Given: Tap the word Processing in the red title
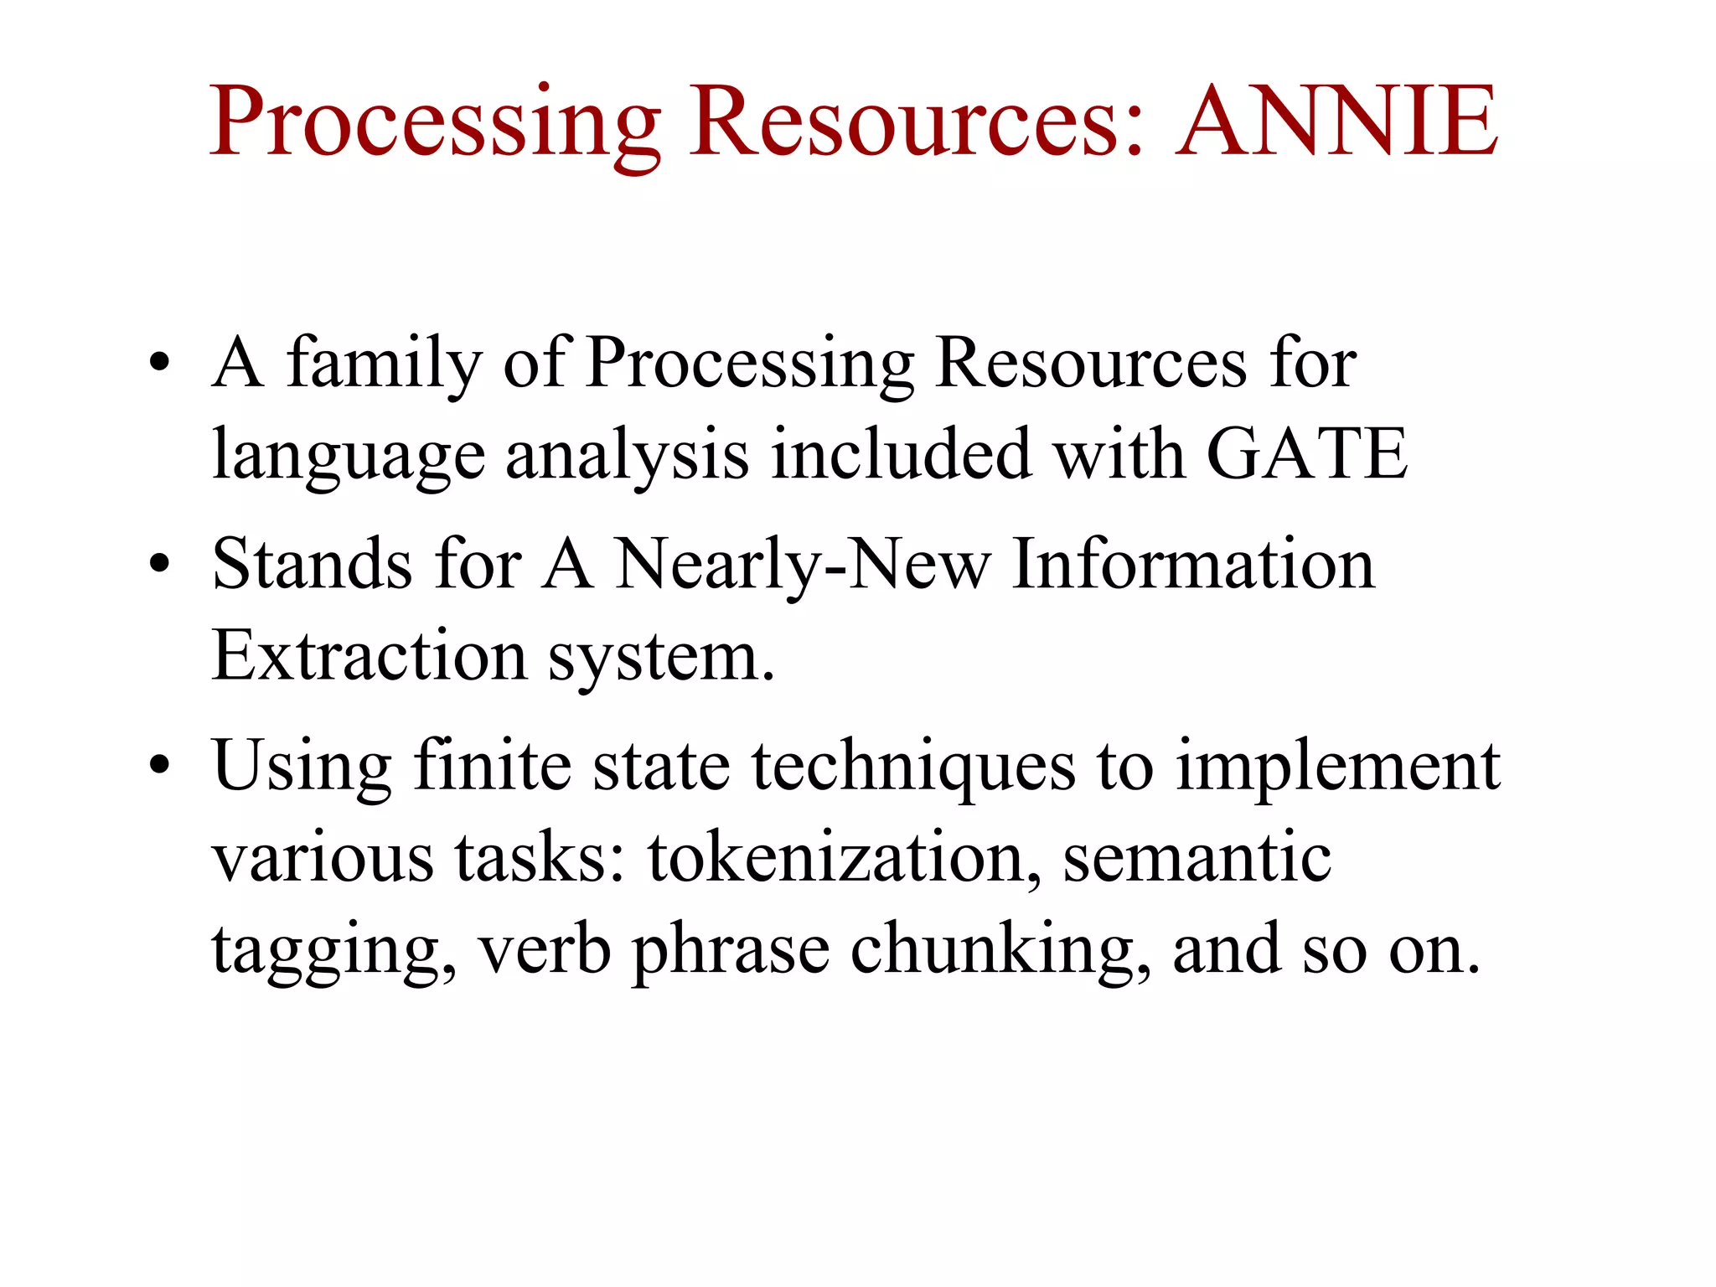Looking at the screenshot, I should coord(435,124).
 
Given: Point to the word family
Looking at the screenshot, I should coord(385,365).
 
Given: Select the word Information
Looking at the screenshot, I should coord(1193,564).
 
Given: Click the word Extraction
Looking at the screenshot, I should coord(370,655).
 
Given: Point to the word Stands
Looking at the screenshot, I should coord(312,564).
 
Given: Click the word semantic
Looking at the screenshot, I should coord(1197,859).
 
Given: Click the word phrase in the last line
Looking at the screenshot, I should coord(731,952).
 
